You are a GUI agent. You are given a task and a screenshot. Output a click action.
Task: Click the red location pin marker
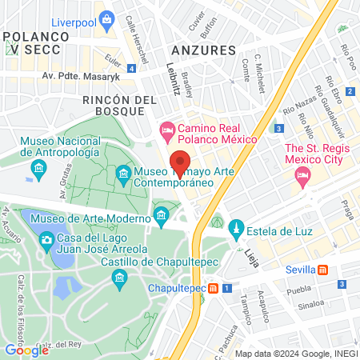[180, 163]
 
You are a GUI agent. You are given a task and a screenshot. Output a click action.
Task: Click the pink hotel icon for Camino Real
[166, 129]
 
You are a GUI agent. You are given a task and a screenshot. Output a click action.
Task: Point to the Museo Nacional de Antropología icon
[38, 168]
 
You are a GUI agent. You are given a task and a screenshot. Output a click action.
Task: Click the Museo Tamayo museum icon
[123, 173]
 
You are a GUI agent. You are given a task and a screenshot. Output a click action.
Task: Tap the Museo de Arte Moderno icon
[162, 214]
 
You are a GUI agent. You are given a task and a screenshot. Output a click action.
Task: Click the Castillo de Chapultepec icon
[120, 277]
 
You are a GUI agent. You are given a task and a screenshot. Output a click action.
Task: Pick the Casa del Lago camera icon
[46, 239]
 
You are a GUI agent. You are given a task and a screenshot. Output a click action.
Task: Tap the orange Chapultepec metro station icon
[214, 287]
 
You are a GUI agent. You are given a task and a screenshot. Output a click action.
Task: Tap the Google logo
[26, 350]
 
